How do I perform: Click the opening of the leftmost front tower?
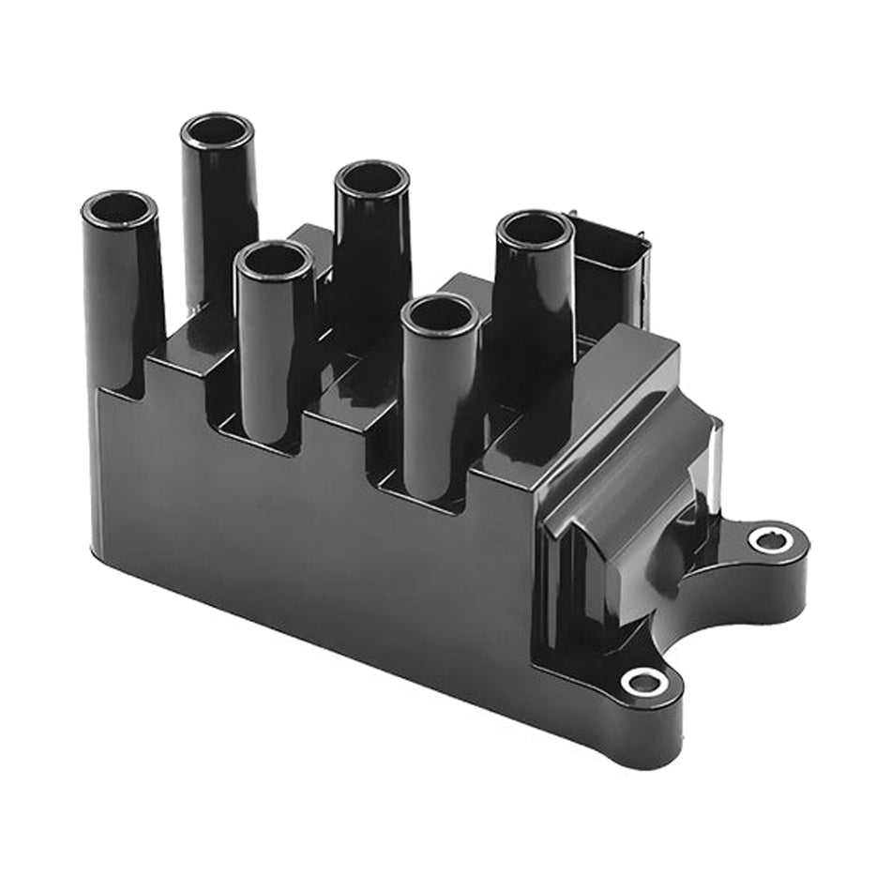(119, 209)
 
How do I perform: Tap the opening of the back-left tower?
(218, 130)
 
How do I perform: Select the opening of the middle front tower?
(274, 259)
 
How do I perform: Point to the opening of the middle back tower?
(371, 178)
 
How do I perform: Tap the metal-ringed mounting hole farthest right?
(767, 539)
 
